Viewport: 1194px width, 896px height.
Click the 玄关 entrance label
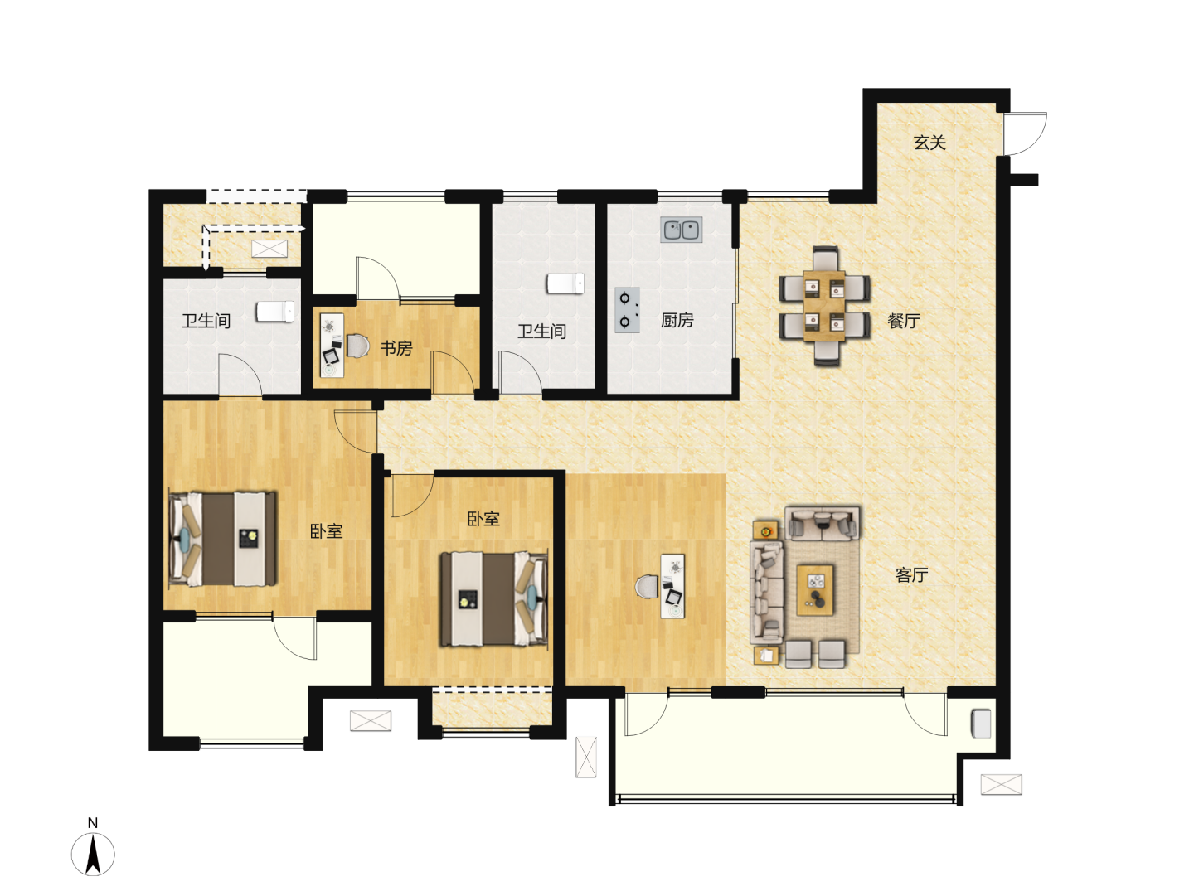coord(929,143)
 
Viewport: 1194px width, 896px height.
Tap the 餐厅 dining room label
coord(904,321)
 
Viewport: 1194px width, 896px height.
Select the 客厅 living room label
coord(911,574)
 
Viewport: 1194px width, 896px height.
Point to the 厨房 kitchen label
coord(677,320)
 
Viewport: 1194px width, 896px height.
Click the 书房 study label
coord(396,348)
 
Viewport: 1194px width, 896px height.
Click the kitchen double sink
coord(681,230)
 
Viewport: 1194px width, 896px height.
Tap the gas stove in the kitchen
coord(627,310)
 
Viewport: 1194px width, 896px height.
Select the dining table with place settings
coord(824,306)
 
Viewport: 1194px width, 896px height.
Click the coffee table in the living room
coord(815,590)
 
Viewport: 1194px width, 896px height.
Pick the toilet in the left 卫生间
coord(275,312)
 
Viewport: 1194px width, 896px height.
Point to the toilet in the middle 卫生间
coord(565,283)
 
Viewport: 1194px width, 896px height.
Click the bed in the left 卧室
coord(222,539)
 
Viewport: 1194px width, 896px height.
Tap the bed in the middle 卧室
coord(494,599)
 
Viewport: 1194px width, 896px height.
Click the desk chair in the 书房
coord(357,346)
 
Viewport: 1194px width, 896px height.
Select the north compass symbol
coord(93,854)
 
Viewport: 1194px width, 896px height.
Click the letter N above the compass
coord(93,823)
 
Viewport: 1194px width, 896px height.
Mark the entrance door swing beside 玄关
coord(1025,133)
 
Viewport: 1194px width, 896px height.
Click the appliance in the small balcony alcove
coord(981,724)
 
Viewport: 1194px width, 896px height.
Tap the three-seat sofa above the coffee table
coord(823,523)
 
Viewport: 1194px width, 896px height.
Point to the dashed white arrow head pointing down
coord(206,266)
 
